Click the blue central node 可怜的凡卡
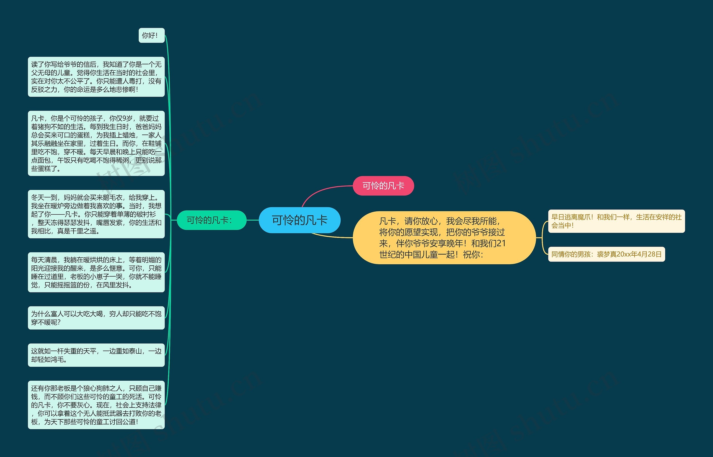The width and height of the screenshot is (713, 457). [x=299, y=220]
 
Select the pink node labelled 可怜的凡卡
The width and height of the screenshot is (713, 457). [x=383, y=186]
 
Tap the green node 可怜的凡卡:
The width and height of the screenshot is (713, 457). [x=212, y=220]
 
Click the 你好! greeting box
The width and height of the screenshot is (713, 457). [x=151, y=36]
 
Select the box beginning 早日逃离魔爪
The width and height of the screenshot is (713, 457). [x=616, y=221]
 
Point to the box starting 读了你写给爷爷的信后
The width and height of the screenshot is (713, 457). [x=96, y=77]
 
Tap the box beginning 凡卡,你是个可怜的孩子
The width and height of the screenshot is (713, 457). [x=96, y=143]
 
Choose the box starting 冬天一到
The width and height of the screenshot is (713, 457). [x=96, y=214]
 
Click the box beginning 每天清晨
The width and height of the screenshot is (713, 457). [x=96, y=272]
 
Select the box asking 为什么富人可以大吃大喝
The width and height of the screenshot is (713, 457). [x=96, y=318]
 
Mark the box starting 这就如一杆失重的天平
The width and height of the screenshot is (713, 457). [x=96, y=355]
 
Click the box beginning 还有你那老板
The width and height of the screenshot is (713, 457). [x=96, y=405]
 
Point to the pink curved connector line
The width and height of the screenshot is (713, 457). [x=321, y=191]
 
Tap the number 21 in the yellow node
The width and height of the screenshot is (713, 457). [x=500, y=243]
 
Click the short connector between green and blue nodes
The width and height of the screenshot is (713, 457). [x=253, y=220]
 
